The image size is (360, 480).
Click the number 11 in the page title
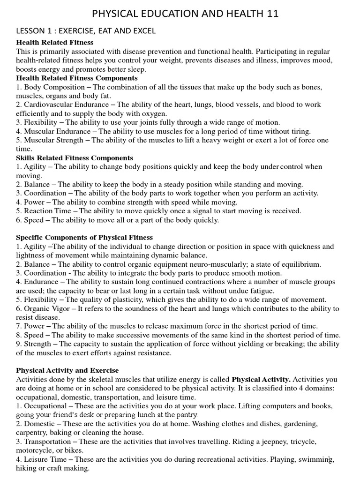pyautogui.click(x=271, y=14)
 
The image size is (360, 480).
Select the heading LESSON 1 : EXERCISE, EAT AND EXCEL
pyautogui.click(x=86, y=31)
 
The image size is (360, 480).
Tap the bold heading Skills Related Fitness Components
pyautogui.click(x=75, y=158)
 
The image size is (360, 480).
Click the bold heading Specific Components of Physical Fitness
pyautogui.click(x=84, y=238)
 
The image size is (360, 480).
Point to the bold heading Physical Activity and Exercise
pyautogui.click(x=67, y=370)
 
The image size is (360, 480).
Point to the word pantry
pyautogui.click(x=186, y=415)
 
